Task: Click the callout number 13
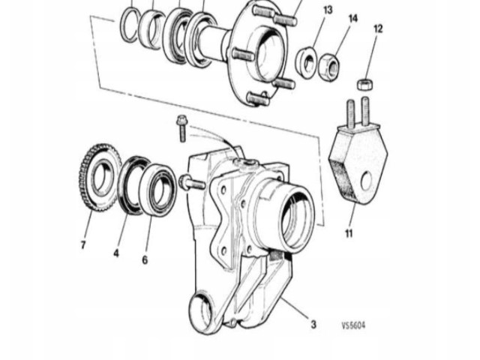(328, 10)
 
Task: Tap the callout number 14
(353, 18)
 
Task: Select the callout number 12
(378, 28)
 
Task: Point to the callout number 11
(349, 234)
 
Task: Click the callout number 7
(83, 244)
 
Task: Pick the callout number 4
(116, 253)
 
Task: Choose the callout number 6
(145, 259)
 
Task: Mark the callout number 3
(313, 325)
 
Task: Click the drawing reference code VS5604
(354, 325)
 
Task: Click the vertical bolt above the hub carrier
(181, 128)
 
